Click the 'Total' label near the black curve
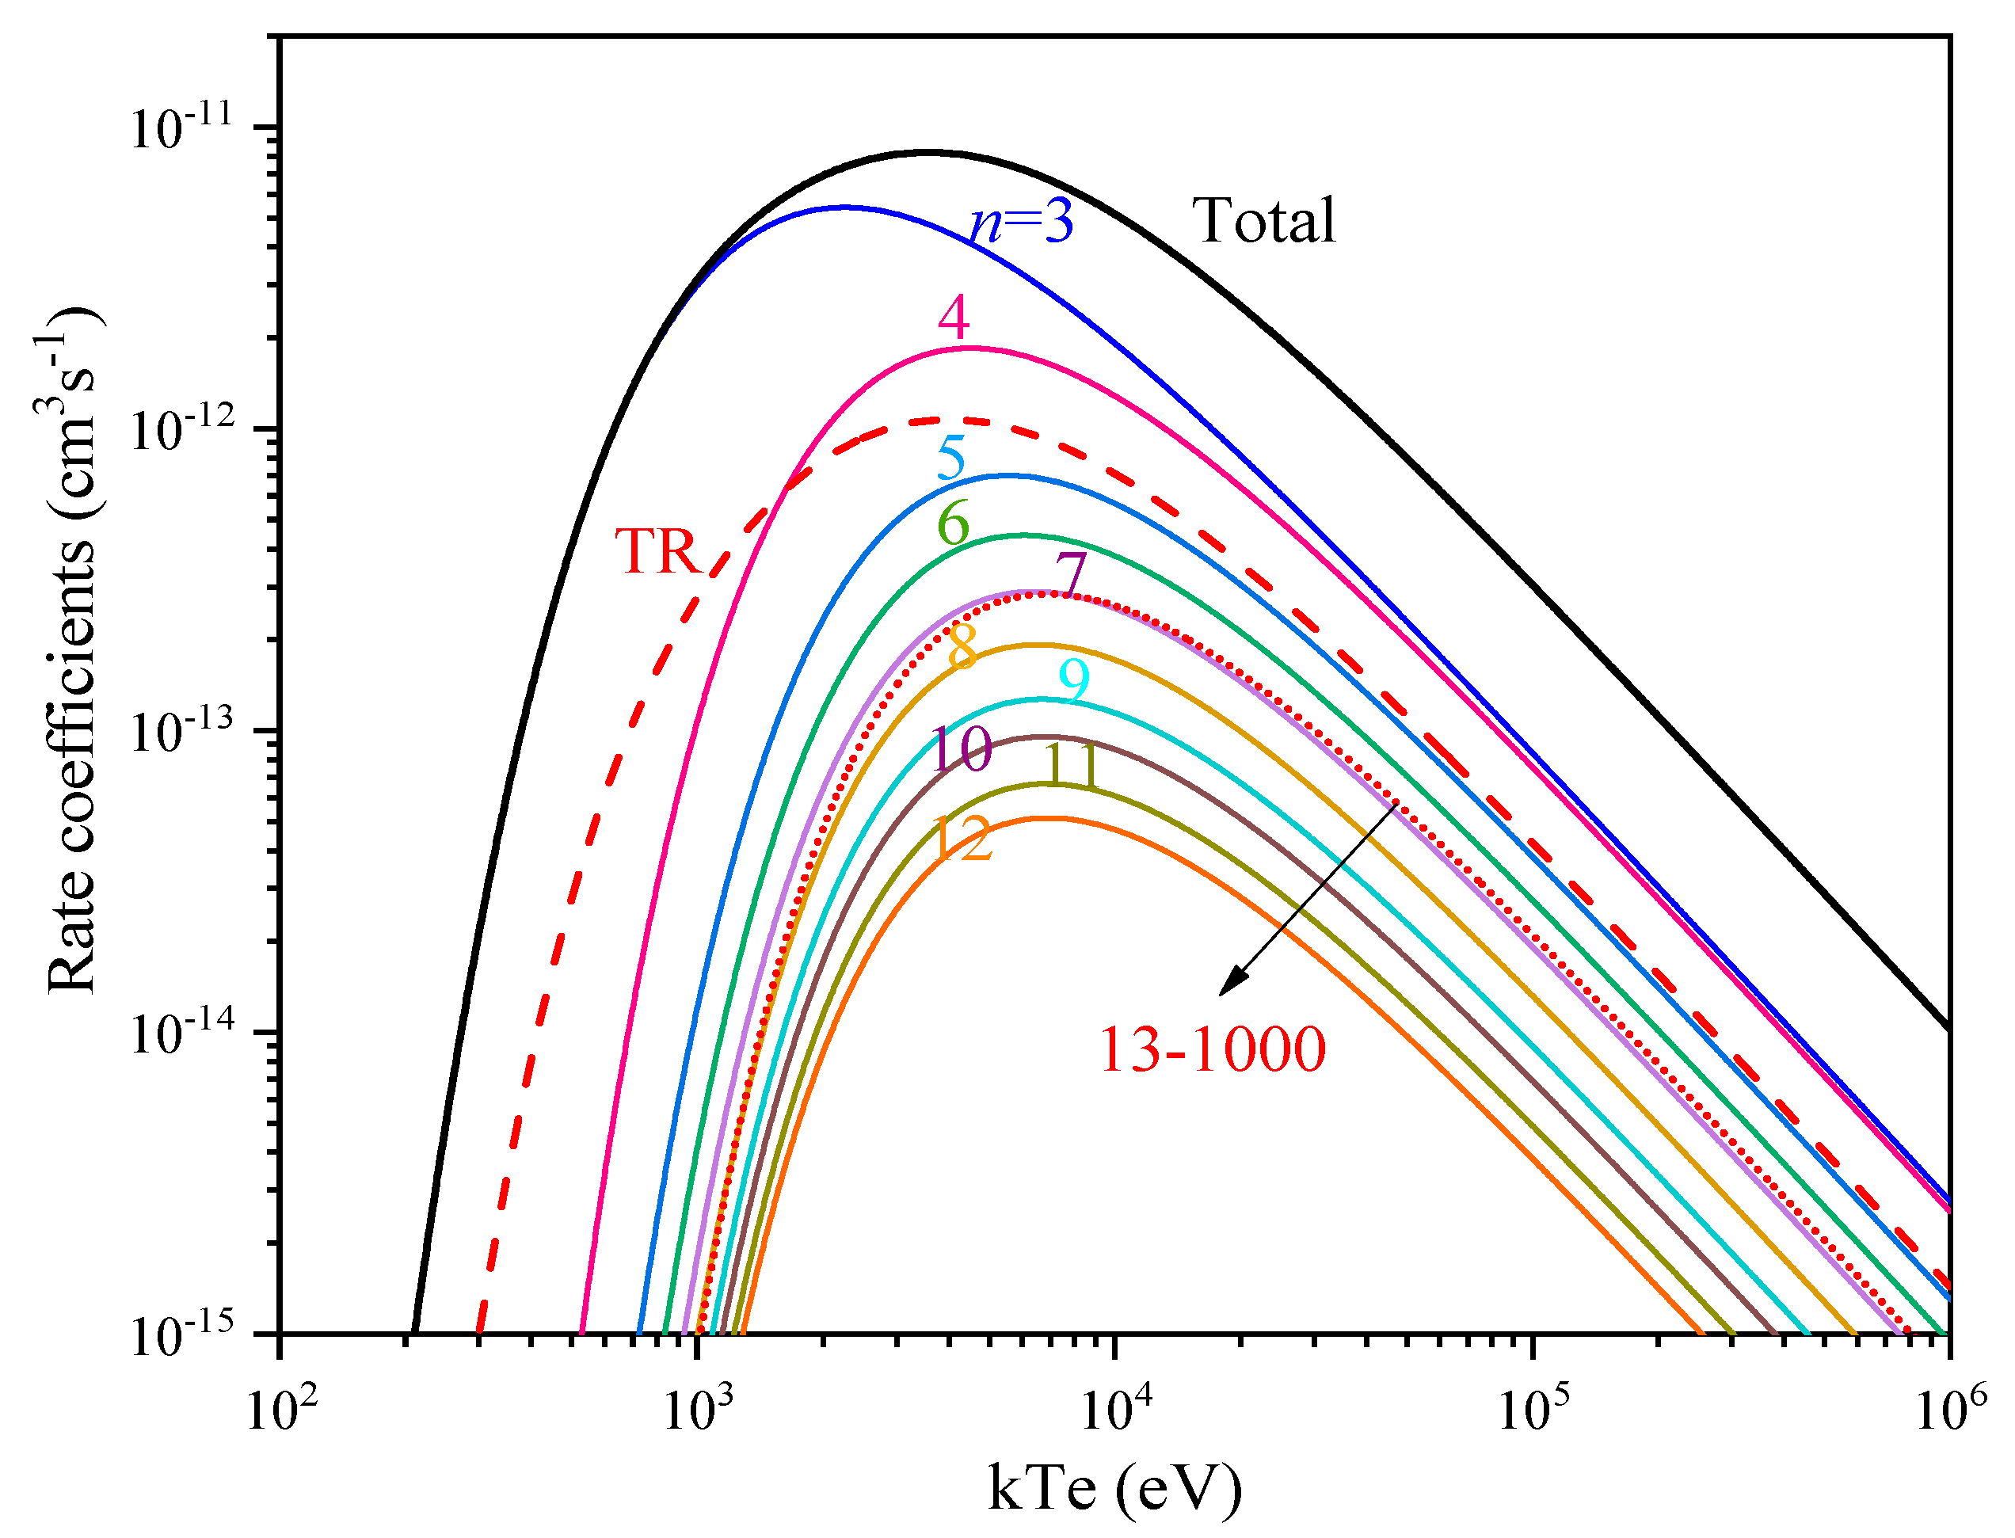coord(1263,221)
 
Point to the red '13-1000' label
coord(1211,1050)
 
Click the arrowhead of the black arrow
coord(1229,985)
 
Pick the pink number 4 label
coord(953,318)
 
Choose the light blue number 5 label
coord(951,458)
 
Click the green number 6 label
coord(952,524)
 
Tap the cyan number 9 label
coord(1073,681)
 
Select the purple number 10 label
coord(960,749)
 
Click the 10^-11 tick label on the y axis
coord(181,128)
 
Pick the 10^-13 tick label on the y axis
coord(181,732)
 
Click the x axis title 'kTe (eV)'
coord(1114,1490)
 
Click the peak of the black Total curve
coord(927,152)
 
